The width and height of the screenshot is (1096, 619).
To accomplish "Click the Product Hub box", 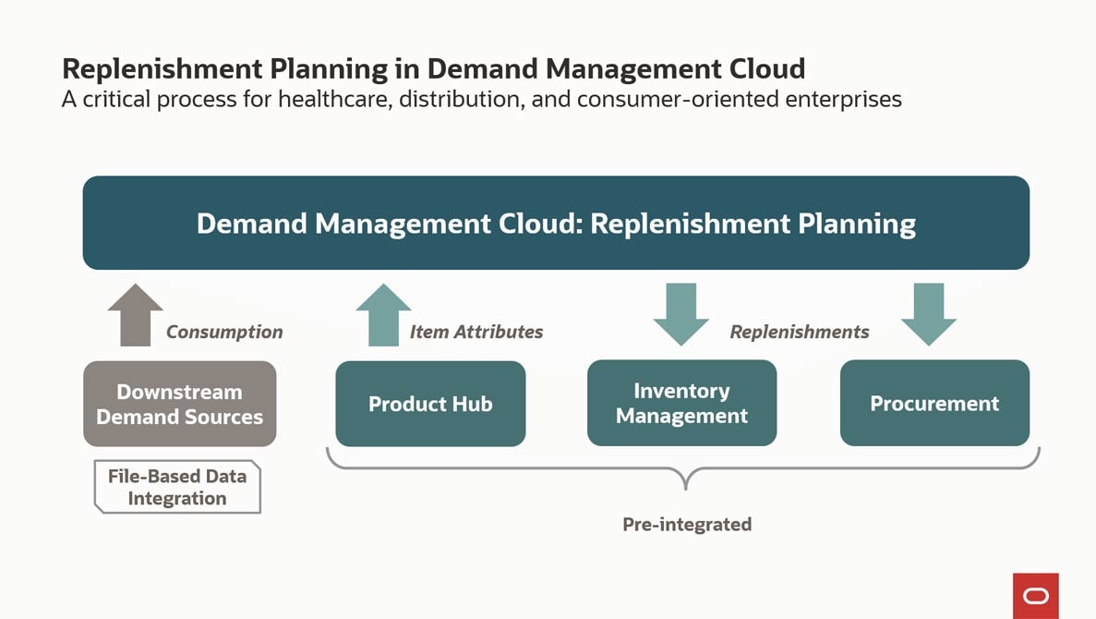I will (x=430, y=404).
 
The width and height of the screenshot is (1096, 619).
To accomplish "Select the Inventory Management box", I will (x=681, y=404).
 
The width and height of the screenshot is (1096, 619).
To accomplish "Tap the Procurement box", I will (x=934, y=404).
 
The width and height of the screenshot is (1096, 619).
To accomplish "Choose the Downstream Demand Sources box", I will (x=179, y=404).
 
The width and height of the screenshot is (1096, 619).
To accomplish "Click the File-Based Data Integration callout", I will (x=176, y=487).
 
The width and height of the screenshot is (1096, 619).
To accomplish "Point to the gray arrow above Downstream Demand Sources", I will (x=136, y=316).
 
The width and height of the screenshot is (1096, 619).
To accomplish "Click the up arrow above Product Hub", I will (x=383, y=316).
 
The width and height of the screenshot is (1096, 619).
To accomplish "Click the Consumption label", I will (x=224, y=332).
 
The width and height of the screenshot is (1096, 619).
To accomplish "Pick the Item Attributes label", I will (x=476, y=332).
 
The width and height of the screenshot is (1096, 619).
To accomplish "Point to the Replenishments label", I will (x=799, y=332).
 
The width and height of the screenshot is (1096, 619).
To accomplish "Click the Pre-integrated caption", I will (x=687, y=525).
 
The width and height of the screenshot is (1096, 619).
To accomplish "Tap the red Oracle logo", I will (x=1036, y=596).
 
